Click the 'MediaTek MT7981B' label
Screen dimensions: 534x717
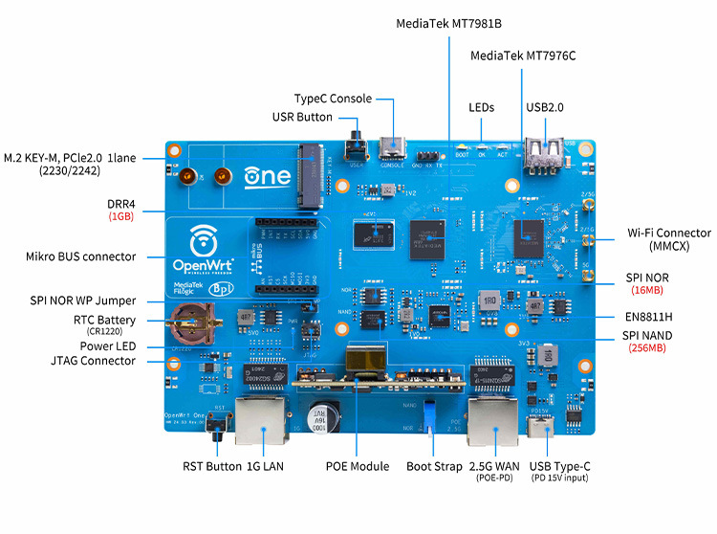point(448,24)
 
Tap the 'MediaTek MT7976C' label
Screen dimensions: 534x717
point(523,56)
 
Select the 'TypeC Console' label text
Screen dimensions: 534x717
point(333,99)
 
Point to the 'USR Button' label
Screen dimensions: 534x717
point(302,117)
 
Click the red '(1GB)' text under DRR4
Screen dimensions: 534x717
point(120,217)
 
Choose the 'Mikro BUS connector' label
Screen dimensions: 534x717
point(81,256)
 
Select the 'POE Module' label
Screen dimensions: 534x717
point(358,466)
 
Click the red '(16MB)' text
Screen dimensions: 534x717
point(649,290)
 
